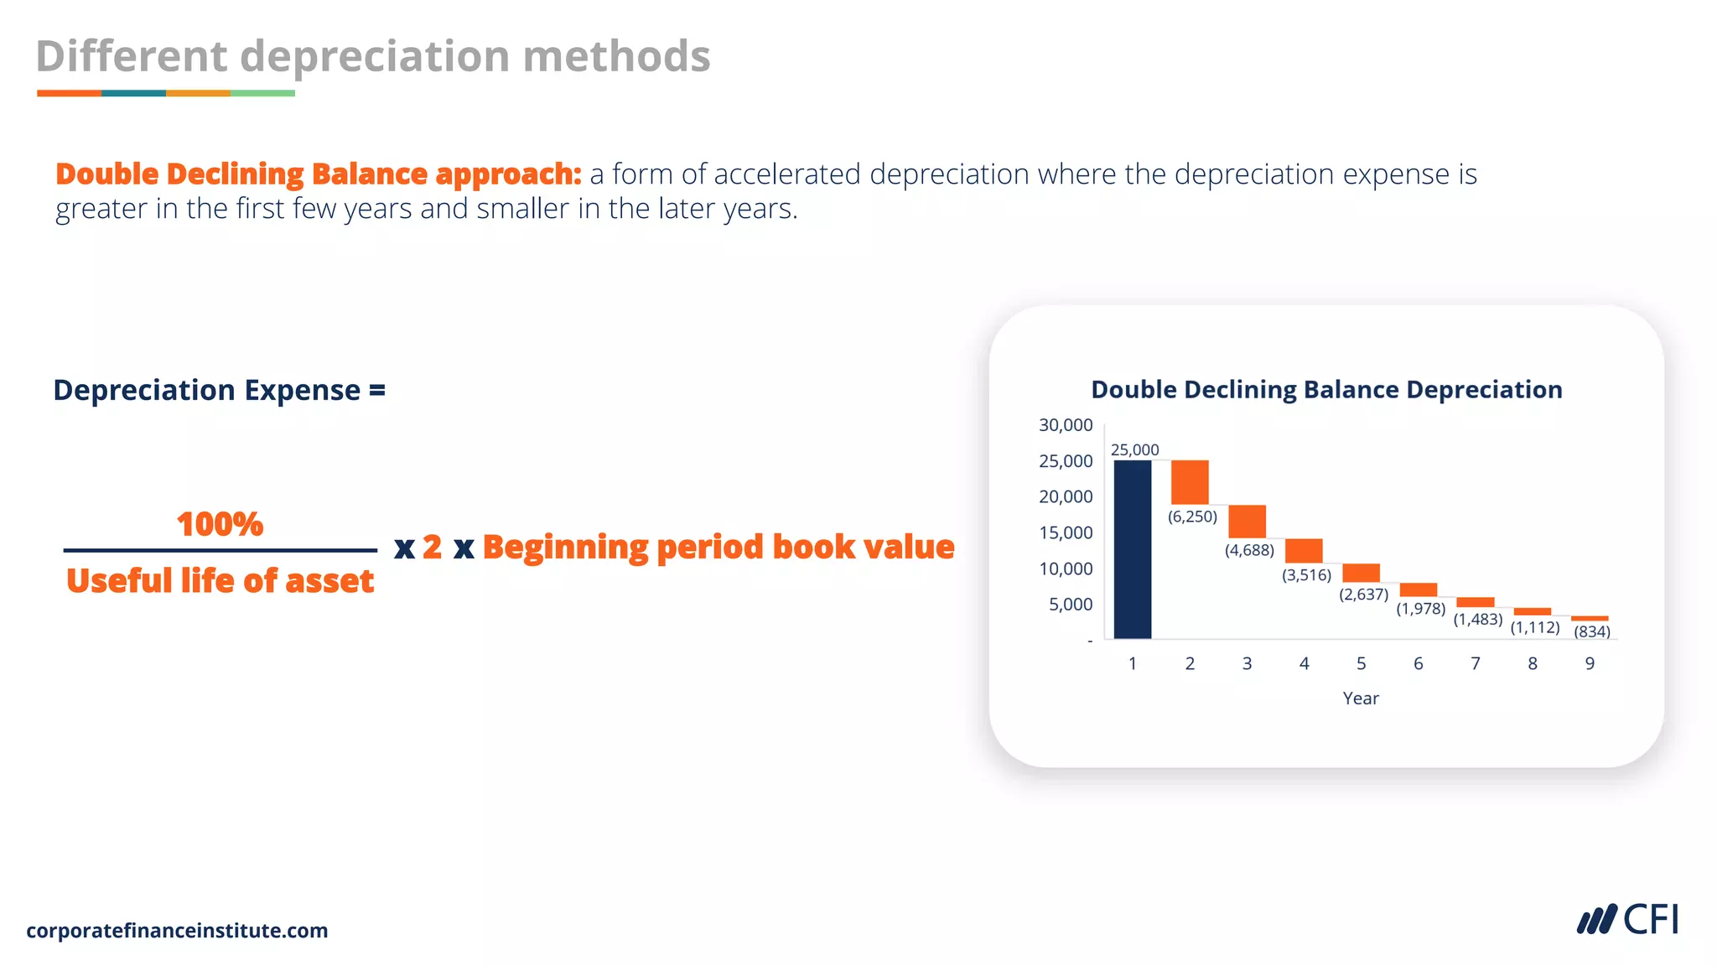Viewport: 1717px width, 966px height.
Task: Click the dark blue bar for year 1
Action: [1132, 549]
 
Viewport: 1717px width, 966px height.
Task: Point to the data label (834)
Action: [1591, 631]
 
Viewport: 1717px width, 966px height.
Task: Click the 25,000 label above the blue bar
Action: [1134, 450]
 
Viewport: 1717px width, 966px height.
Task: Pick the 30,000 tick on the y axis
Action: [1066, 425]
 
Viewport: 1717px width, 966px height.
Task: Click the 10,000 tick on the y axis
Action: [1066, 569]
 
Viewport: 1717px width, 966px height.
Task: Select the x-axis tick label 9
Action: [1590, 663]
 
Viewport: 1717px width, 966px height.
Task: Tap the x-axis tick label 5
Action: [1361, 663]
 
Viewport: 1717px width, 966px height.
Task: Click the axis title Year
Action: [1360, 699]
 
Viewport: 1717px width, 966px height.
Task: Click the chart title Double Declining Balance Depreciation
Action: [1326, 390]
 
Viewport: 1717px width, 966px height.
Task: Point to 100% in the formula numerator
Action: [220, 524]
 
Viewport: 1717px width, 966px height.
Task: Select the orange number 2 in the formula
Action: [432, 547]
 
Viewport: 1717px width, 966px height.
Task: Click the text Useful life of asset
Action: [220, 580]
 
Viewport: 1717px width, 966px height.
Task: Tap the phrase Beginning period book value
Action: [718, 547]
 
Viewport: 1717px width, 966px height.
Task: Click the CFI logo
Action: [1627, 920]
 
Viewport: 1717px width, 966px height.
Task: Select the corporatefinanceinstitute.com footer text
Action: [177, 931]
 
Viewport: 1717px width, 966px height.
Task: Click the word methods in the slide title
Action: [616, 56]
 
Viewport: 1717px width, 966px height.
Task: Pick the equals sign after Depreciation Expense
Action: [377, 390]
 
